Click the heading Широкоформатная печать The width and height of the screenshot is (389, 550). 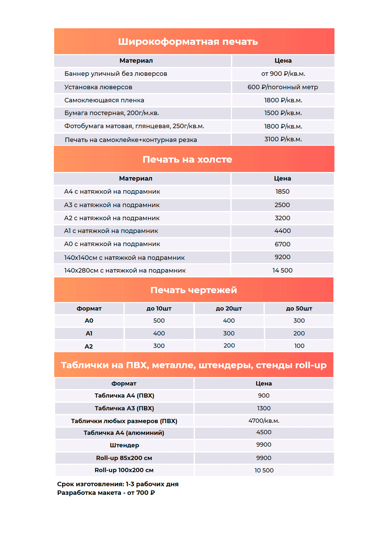pyautogui.click(x=188, y=42)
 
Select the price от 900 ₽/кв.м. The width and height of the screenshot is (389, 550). pyautogui.click(x=283, y=74)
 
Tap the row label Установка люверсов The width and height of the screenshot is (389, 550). pyautogui.click(x=98, y=87)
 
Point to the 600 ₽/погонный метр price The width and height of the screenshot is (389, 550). pyautogui.click(x=283, y=87)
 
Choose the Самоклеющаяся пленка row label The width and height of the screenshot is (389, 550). pyautogui.click(x=104, y=100)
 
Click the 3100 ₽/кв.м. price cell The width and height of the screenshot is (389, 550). pyautogui.click(x=283, y=139)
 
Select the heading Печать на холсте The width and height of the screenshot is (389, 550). pyautogui.click(x=187, y=160)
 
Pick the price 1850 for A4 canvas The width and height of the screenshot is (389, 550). pyautogui.click(x=282, y=192)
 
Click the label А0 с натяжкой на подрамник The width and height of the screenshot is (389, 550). pyautogui.click(x=112, y=244)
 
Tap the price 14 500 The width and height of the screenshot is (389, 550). pyautogui.click(x=282, y=271)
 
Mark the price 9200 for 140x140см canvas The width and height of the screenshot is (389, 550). pyautogui.click(x=282, y=257)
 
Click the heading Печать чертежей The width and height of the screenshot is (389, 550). pyautogui.click(x=194, y=290)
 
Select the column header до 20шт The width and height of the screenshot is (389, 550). pyautogui.click(x=229, y=308)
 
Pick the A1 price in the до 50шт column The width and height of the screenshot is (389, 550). pyautogui.click(x=299, y=333)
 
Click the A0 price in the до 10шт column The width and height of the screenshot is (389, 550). pyautogui.click(x=159, y=320)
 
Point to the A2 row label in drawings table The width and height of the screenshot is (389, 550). pyautogui.click(x=89, y=346)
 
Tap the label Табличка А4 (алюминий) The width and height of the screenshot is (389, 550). pyautogui.click(x=124, y=433)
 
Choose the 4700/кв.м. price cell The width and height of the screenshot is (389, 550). pyautogui.click(x=264, y=421)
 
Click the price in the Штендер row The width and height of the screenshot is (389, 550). pyautogui.click(x=264, y=445)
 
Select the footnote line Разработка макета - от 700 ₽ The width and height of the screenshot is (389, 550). pyautogui.click(x=106, y=493)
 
